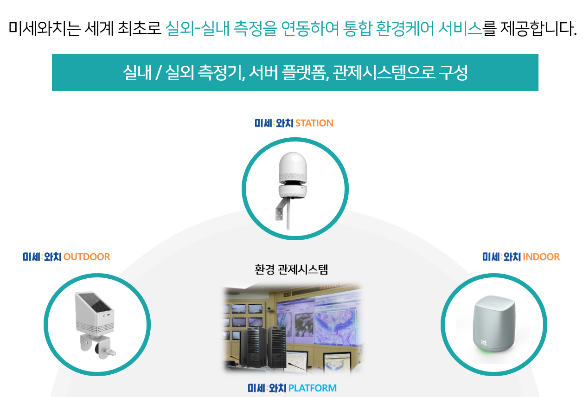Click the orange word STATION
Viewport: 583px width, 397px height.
pyautogui.click(x=314, y=123)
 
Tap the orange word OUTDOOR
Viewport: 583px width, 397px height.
pyautogui.click(x=87, y=256)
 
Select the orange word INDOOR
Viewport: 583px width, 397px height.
pyautogui.click(x=541, y=256)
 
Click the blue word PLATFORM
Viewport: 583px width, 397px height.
pyautogui.click(x=312, y=388)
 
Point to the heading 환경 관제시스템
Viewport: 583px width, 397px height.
pyautogui.click(x=291, y=269)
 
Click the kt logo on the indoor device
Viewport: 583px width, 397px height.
pyautogui.click(x=484, y=342)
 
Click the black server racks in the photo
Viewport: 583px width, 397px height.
pyautogui.click(x=263, y=347)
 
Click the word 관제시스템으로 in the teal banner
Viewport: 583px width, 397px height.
pyautogui.click(x=384, y=72)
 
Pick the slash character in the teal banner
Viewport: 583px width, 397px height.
pyautogui.click(x=158, y=73)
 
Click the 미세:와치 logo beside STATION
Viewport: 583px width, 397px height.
pyautogui.click(x=274, y=123)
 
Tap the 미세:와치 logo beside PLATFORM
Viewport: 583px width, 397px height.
pyautogui.click(x=267, y=388)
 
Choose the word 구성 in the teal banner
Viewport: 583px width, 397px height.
pyautogui.click(x=454, y=72)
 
